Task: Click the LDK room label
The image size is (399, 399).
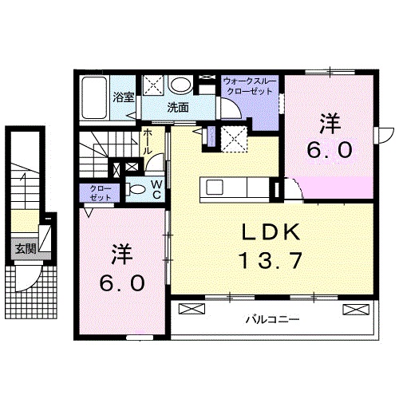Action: click(271, 232)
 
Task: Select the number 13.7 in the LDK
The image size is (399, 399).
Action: click(271, 259)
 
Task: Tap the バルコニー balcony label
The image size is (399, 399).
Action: click(271, 319)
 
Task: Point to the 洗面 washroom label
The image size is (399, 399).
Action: click(177, 107)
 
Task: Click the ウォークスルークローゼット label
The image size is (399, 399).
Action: click(249, 86)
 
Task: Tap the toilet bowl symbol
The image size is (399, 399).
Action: click(136, 190)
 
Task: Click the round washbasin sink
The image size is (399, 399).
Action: click(180, 84)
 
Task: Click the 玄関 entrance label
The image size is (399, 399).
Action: click(25, 248)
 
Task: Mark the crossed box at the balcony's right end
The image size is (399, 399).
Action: click(352, 309)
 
